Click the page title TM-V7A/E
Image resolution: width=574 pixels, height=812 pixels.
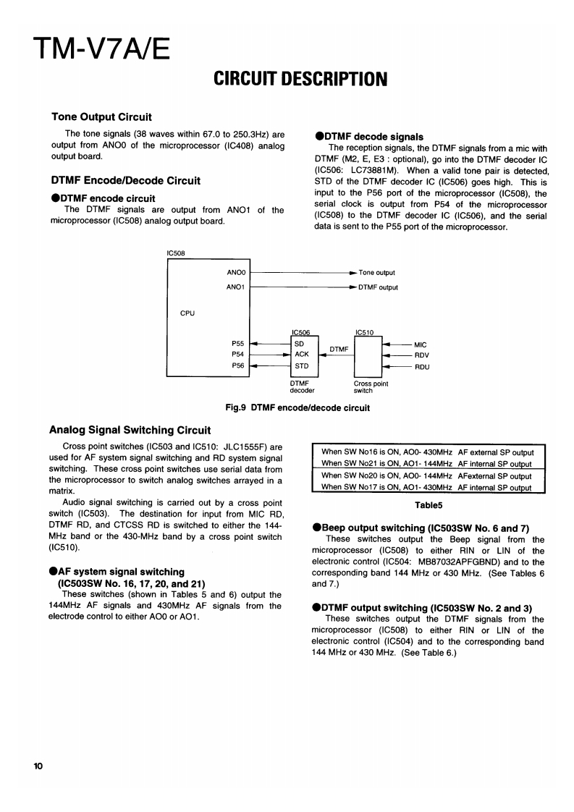coord(101,51)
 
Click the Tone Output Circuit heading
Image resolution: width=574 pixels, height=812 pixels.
coord(101,117)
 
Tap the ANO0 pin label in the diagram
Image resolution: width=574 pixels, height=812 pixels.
coord(237,273)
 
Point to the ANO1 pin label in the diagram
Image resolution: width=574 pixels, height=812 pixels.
coord(237,287)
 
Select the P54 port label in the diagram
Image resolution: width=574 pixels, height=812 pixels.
coord(237,355)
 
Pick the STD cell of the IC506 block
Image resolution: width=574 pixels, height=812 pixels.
coord(301,366)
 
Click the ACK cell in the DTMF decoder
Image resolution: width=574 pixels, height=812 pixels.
coord(301,355)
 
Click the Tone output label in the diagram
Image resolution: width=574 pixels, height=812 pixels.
coord(376,273)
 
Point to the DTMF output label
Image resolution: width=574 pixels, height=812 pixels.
coord(378,287)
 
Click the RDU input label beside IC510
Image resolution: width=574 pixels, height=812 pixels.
coord(421,367)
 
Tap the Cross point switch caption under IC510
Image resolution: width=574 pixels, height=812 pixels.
coord(371,387)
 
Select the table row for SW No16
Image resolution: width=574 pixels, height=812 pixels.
coord(427,452)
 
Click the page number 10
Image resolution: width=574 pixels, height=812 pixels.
coord(38,766)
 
